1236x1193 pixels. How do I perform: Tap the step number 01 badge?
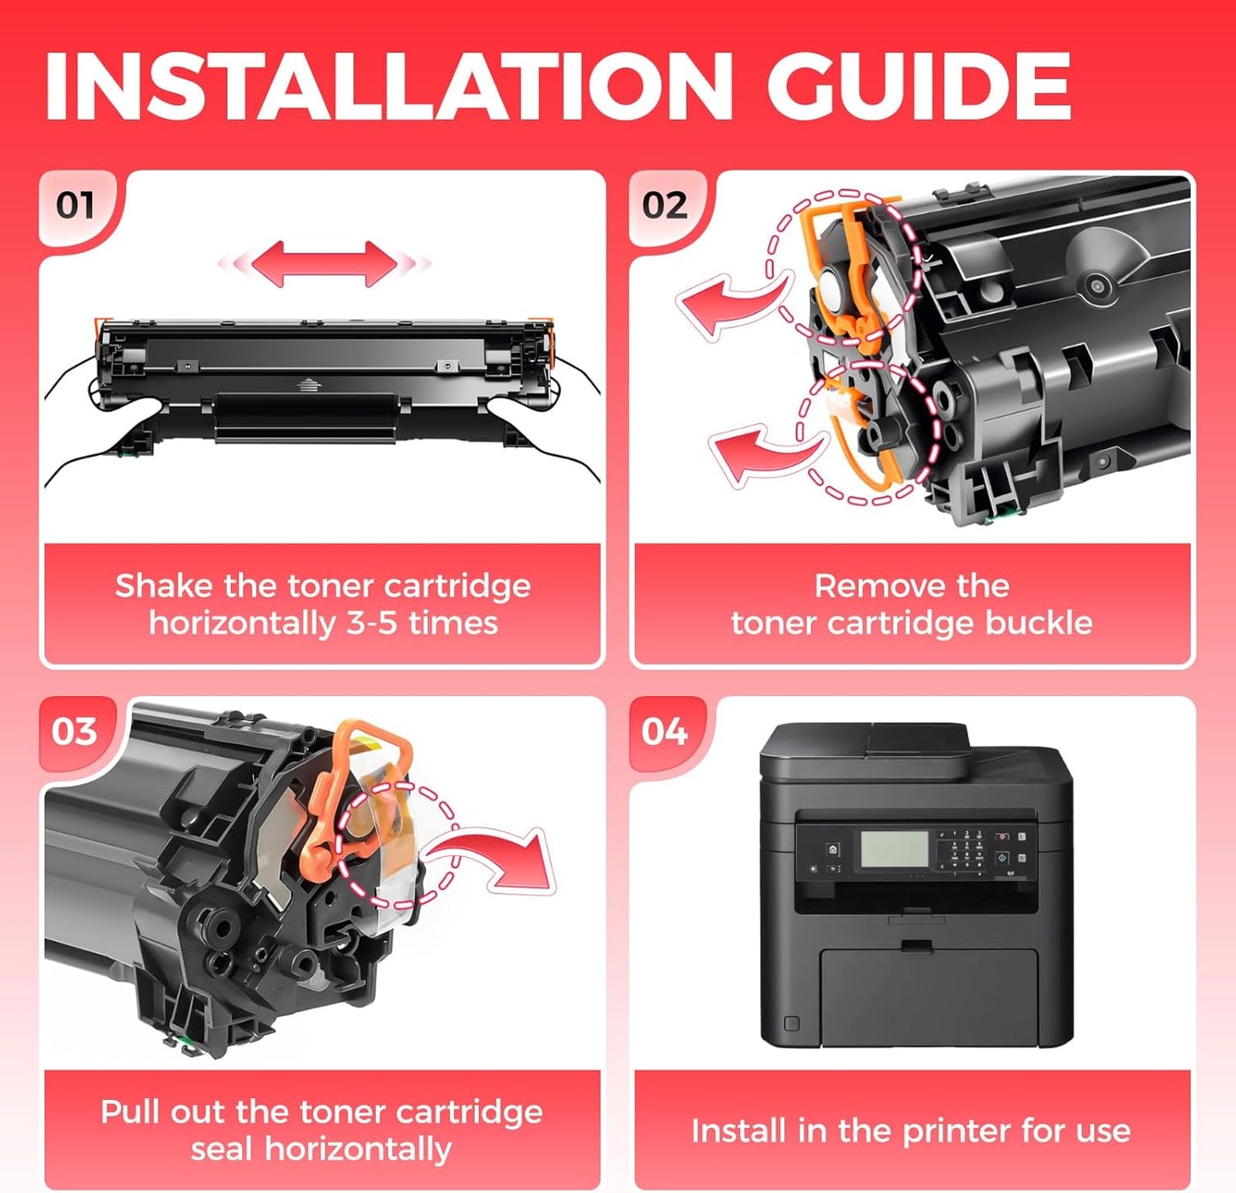coord(74,205)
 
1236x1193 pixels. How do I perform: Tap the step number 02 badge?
coord(665,205)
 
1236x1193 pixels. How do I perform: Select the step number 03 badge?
coord(74,731)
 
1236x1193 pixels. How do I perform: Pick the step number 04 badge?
coord(665,731)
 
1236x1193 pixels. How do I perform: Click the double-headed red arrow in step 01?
coord(323,263)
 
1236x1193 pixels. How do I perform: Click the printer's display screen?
coord(894,849)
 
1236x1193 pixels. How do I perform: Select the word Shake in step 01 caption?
coord(163,586)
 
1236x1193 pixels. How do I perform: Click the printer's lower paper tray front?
coord(928,996)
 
